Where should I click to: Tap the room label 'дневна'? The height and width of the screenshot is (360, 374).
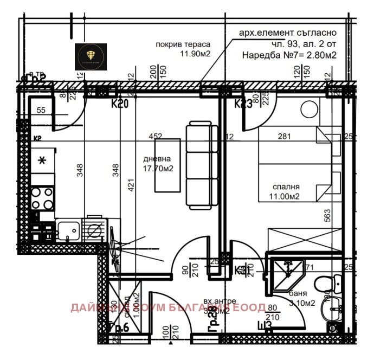[x=157, y=159]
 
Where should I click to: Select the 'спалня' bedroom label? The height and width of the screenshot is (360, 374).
[x=287, y=187]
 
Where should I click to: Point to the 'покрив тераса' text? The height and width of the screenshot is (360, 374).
[x=183, y=44]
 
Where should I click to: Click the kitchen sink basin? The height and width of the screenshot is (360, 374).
[x=67, y=229]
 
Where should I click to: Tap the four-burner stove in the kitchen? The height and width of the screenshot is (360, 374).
[x=42, y=198]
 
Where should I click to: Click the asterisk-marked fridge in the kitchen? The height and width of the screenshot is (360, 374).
[x=42, y=160]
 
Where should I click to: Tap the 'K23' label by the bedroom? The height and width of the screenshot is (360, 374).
[x=243, y=104]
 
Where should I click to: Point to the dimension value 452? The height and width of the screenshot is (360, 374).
[x=156, y=137]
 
